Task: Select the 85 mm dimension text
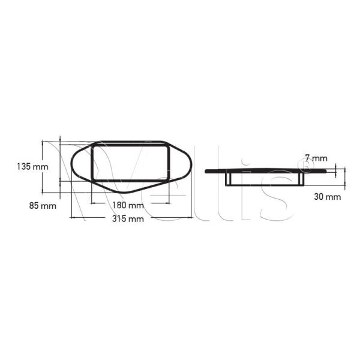tap(42, 206)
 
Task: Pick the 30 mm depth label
tap(328, 196)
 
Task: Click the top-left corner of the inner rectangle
tap(92, 145)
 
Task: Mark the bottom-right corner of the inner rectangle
tap(169, 180)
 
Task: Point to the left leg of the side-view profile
tap(227, 179)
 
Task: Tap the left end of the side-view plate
tap(206, 171)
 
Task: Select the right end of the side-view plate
tap(328, 171)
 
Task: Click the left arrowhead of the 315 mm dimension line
tap(71, 213)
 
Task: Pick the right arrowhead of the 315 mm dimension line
tap(191, 213)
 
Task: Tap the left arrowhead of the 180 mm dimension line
tap(91, 200)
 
